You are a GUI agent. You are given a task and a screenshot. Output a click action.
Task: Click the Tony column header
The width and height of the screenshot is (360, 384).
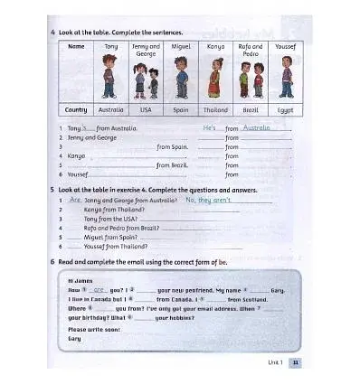[x=109, y=45]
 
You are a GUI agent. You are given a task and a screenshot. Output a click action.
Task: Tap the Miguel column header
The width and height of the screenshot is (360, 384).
[x=181, y=45]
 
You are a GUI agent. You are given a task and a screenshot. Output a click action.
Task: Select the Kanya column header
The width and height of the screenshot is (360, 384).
[x=216, y=45]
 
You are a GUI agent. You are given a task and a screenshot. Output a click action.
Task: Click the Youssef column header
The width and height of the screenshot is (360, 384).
[x=286, y=45]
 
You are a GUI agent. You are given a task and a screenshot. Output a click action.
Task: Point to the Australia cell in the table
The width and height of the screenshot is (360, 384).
[x=109, y=109]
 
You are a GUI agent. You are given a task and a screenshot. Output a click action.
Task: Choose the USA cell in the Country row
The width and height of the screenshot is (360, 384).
[x=146, y=109]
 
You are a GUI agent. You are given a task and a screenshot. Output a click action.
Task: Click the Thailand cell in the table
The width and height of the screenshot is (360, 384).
[x=216, y=109]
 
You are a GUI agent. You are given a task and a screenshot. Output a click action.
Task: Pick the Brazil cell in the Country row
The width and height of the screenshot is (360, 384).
[x=251, y=109]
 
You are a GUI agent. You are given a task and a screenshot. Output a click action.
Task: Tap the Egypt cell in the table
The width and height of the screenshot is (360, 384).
[x=286, y=109]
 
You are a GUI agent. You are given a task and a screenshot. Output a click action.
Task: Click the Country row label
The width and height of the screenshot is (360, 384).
[x=76, y=109]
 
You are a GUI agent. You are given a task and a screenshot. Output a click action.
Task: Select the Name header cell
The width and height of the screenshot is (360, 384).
[x=76, y=45]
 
